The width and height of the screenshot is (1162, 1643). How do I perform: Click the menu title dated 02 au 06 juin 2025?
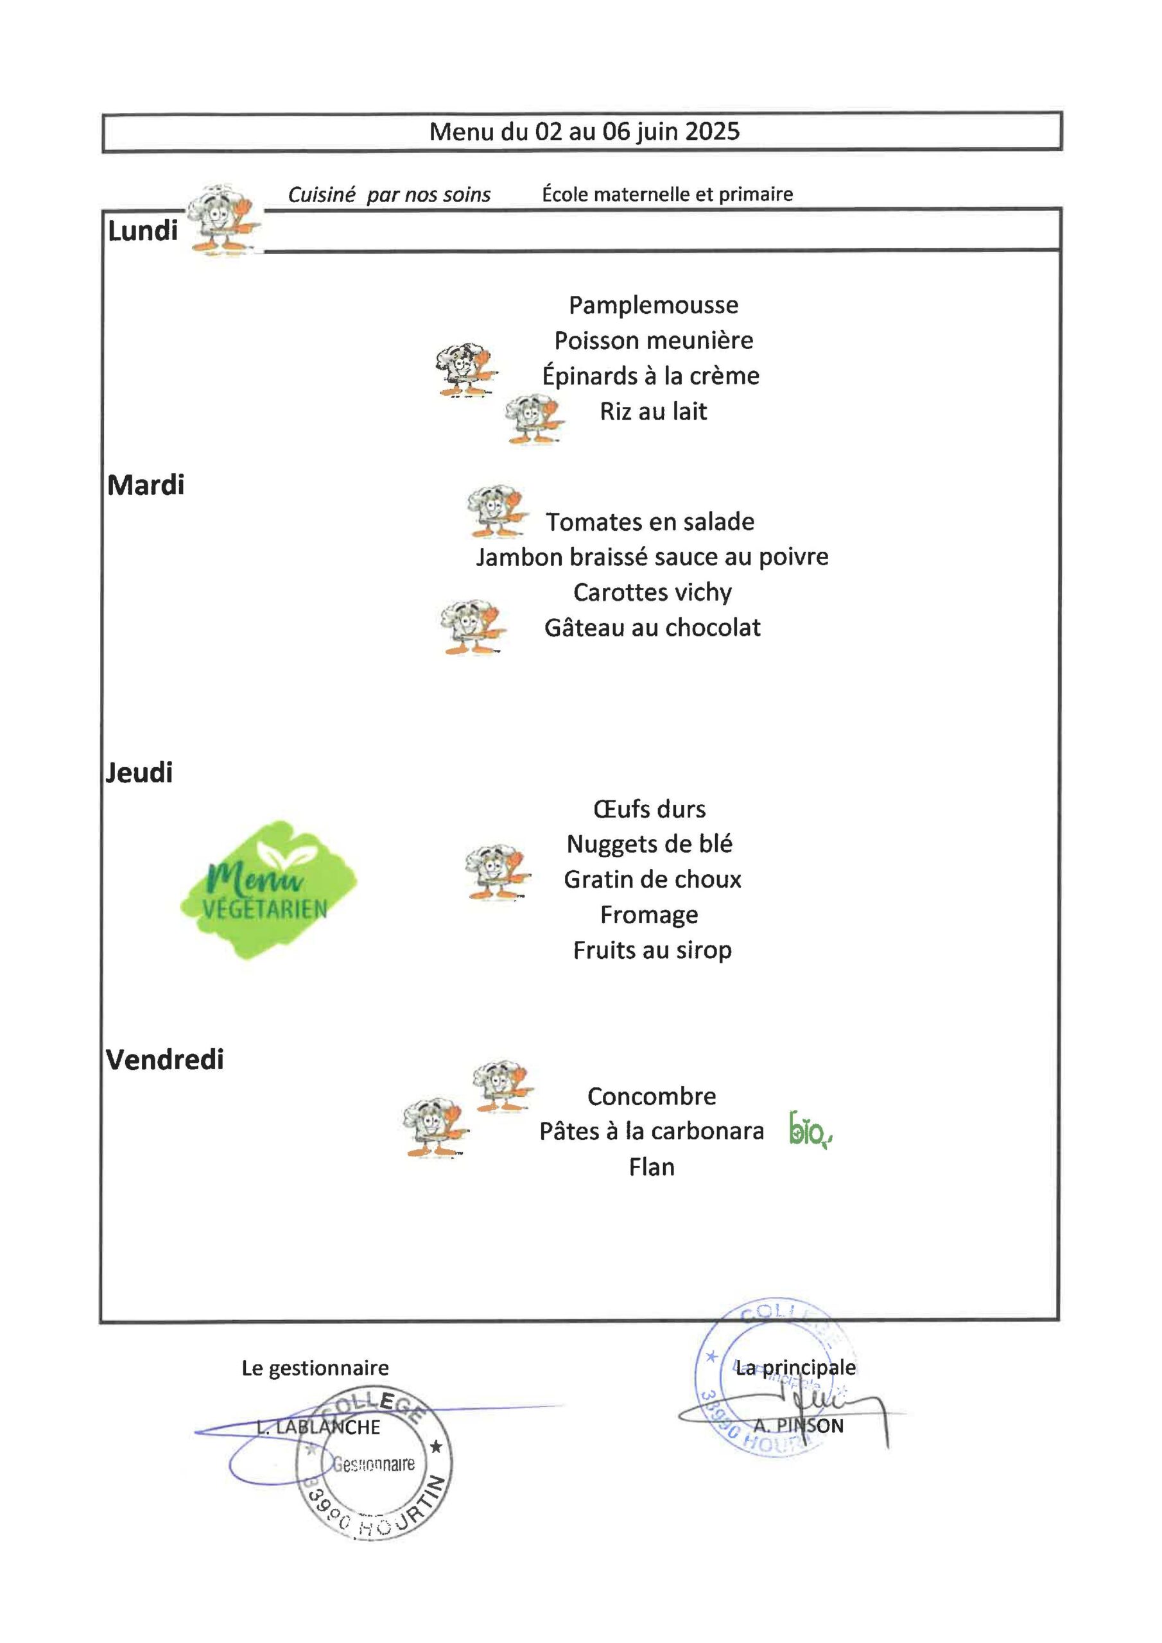584,132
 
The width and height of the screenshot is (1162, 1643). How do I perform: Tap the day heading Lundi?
143,231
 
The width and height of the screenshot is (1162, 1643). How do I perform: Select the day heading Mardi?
145,485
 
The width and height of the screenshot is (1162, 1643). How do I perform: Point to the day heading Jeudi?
139,773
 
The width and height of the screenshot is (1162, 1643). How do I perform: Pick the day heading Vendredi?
165,1060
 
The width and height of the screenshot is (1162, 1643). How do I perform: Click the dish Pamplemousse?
653,305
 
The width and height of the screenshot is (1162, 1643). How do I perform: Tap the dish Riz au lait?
653,411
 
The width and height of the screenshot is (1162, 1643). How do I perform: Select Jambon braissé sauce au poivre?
652,556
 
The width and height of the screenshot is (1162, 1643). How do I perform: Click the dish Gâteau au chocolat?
652,628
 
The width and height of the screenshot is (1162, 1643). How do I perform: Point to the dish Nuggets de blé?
650,844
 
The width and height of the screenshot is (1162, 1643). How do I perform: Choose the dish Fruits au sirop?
652,951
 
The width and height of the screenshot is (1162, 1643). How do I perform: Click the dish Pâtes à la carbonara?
652,1131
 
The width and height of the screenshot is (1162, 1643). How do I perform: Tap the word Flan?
652,1167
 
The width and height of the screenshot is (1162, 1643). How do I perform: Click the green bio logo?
810,1131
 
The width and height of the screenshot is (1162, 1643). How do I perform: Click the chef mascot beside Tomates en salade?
497,512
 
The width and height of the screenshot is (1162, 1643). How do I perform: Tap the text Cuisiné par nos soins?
389,194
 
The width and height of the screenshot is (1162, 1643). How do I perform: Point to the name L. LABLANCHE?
318,1427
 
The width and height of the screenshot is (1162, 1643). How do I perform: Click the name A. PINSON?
798,1425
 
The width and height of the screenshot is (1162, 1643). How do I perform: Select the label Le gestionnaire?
315,1368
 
